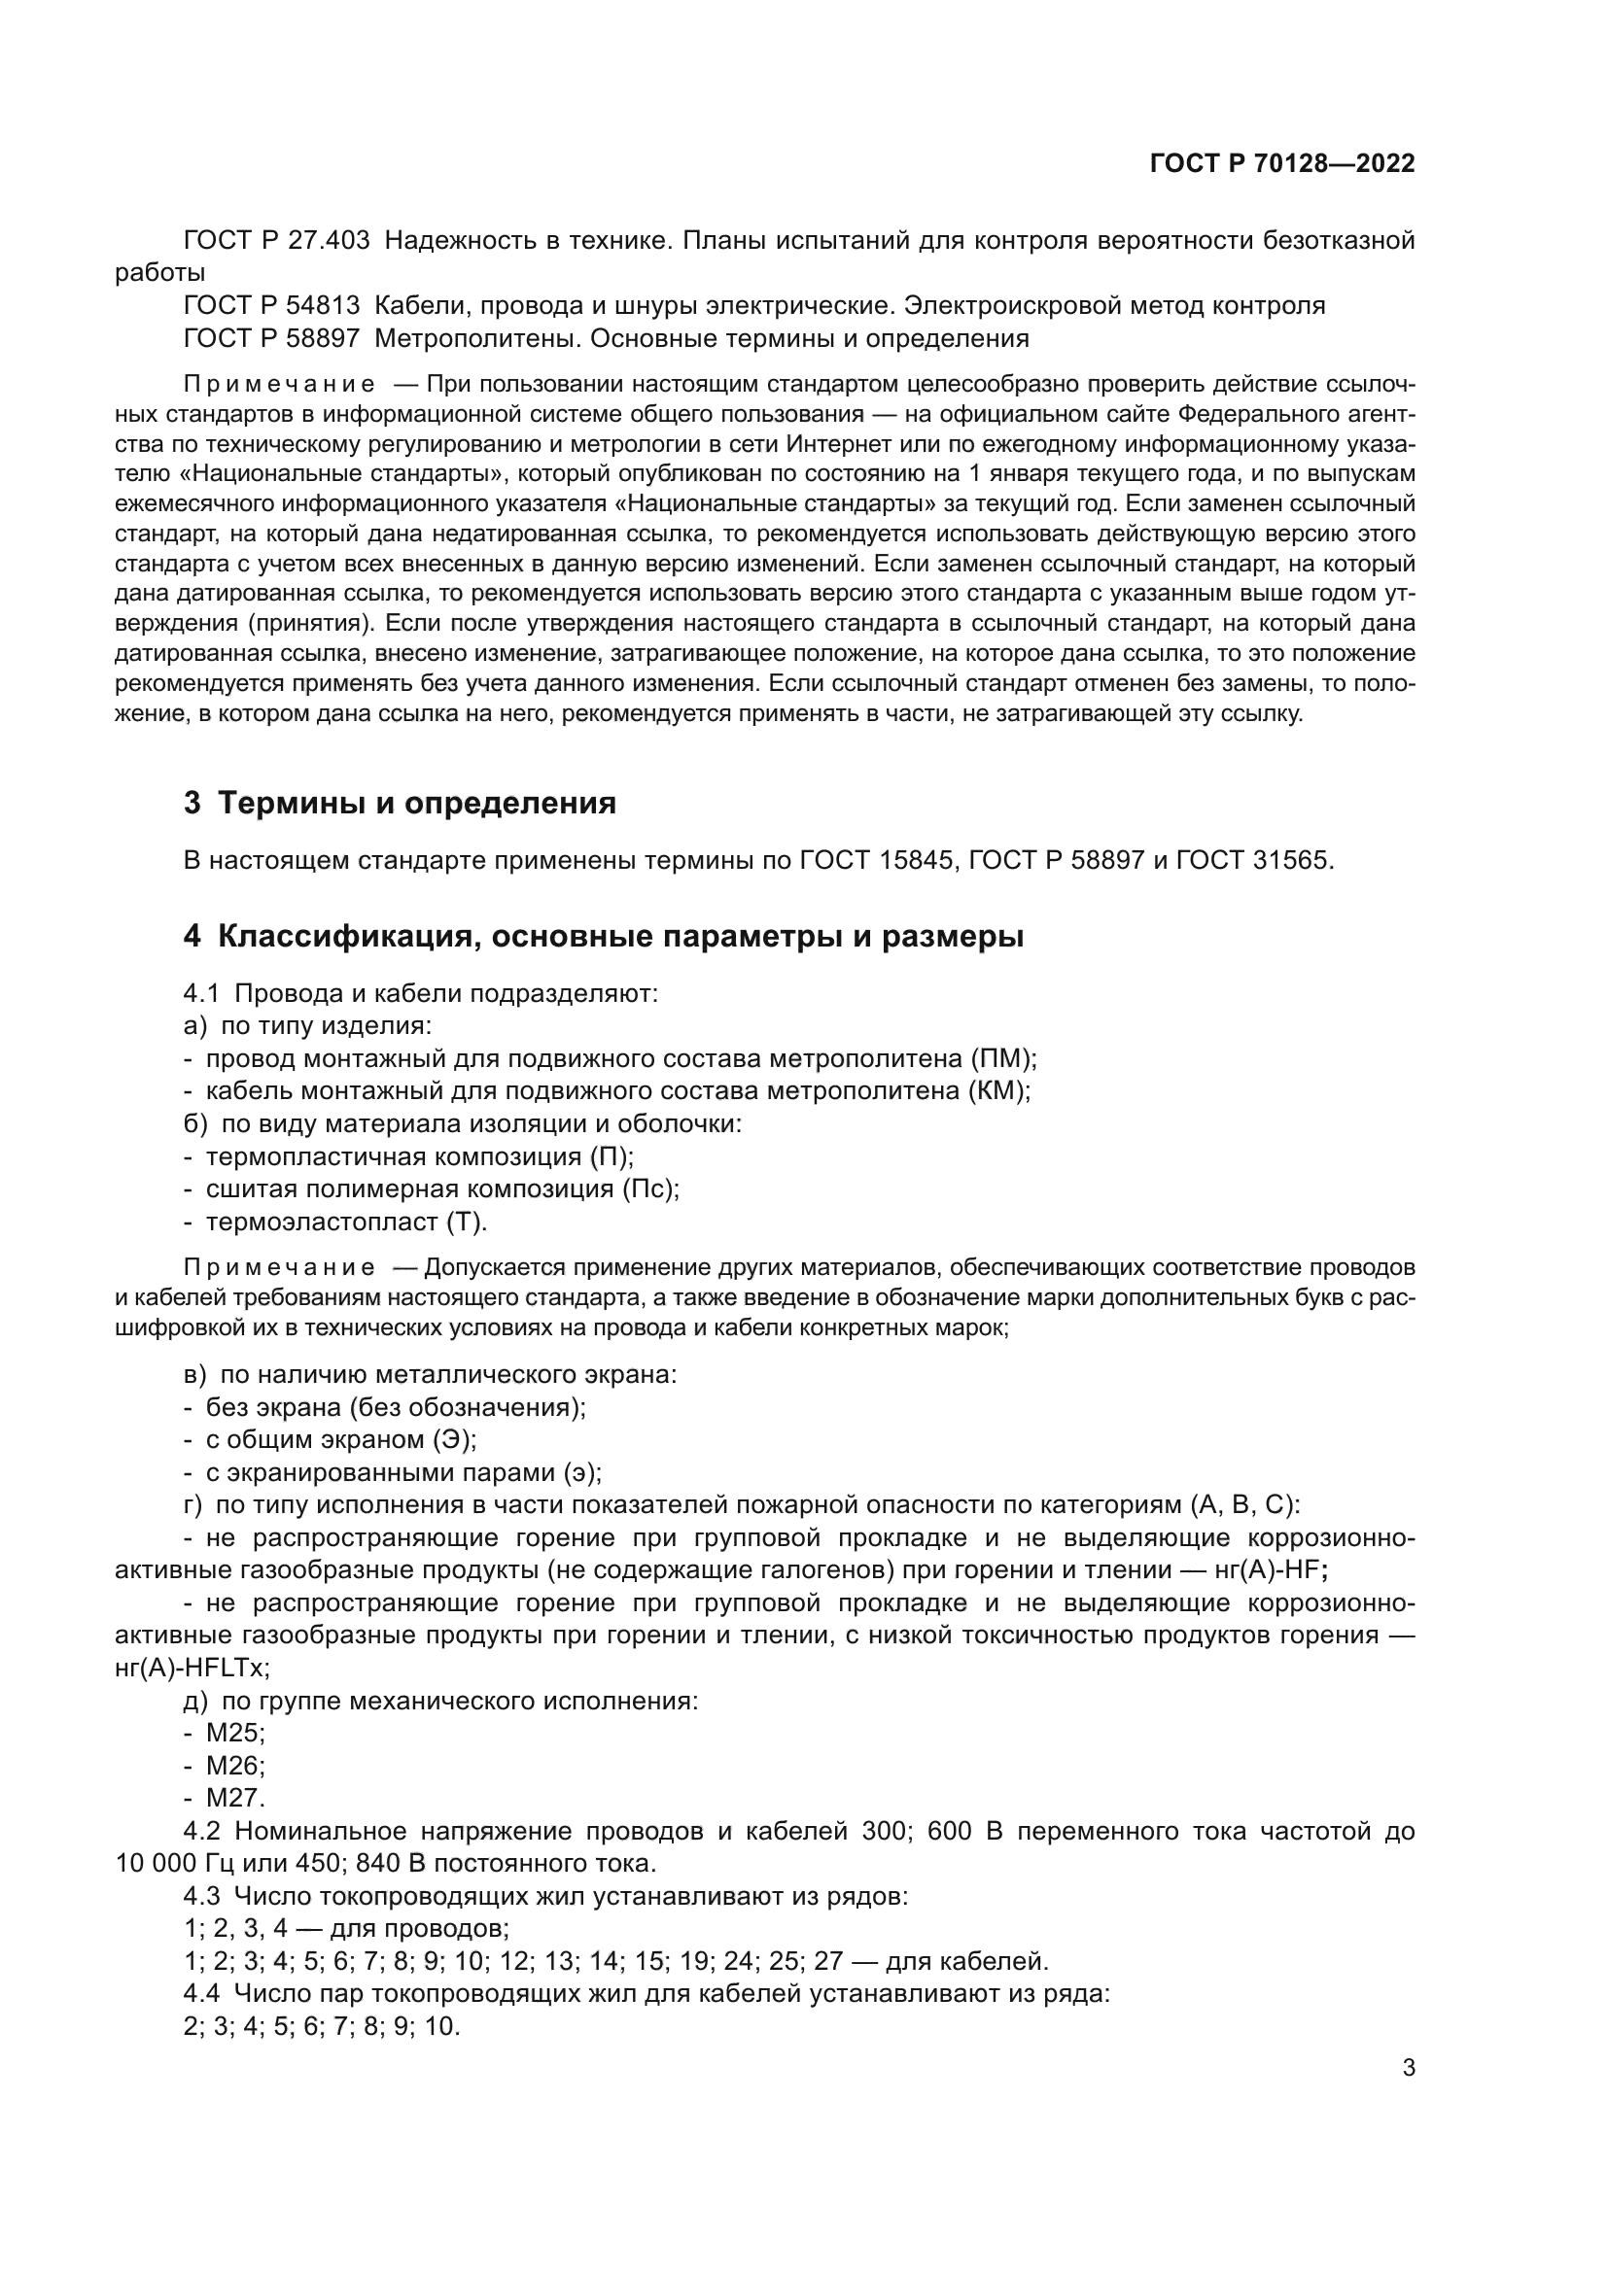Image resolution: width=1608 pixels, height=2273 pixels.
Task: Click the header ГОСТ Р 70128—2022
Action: (1282, 163)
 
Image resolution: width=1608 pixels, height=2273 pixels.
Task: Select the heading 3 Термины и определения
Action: (400, 803)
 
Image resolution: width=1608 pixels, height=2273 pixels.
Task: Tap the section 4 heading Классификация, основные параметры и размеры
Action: (604, 937)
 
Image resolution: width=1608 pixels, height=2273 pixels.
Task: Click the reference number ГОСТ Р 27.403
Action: (277, 241)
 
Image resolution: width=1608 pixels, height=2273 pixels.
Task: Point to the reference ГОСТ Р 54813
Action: (272, 306)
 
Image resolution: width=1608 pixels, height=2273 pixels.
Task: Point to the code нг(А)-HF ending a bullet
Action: (1271, 1570)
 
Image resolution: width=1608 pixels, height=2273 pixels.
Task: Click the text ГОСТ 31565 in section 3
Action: (1254, 860)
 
